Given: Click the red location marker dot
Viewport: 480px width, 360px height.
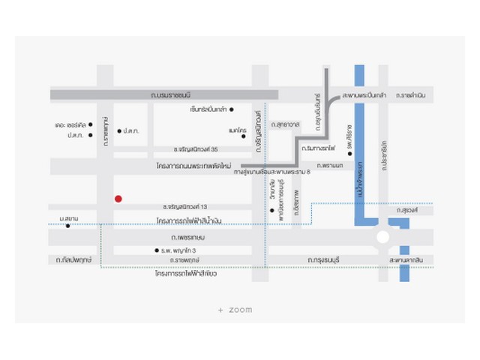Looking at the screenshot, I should click(x=118, y=199).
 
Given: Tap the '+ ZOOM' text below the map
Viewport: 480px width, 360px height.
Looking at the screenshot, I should click(x=235, y=310).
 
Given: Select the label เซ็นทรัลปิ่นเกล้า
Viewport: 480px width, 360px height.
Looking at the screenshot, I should click(x=208, y=109).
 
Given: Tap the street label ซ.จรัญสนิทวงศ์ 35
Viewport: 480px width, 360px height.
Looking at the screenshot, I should click(x=195, y=149).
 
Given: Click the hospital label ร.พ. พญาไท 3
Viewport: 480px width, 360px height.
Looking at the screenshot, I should click(x=180, y=250).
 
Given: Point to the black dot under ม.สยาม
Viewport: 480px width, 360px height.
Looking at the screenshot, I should click(x=67, y=226).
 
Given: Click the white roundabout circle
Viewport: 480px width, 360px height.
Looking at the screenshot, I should click(x=382, y=238).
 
